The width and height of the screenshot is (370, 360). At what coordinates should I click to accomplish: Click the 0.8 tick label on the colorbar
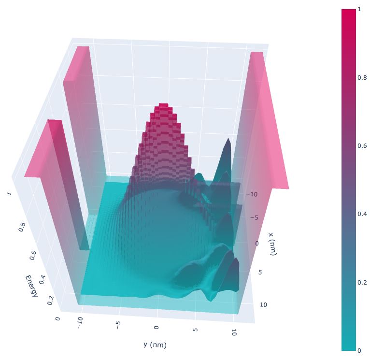pos(362,77)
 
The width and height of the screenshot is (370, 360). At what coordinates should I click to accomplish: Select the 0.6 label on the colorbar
pos(362,145)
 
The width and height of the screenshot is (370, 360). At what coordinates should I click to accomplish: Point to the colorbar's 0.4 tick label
pos(362,214)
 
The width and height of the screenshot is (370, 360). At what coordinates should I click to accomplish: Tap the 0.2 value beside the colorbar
pos(362,282)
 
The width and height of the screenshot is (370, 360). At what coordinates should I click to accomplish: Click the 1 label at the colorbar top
pos(359,9)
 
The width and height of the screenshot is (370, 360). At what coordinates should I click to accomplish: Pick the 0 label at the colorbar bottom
pos(359,350)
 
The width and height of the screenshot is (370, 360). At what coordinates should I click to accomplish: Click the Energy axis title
pos(31,285)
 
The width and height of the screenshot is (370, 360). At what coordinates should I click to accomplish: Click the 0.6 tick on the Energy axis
pos(32,255)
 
